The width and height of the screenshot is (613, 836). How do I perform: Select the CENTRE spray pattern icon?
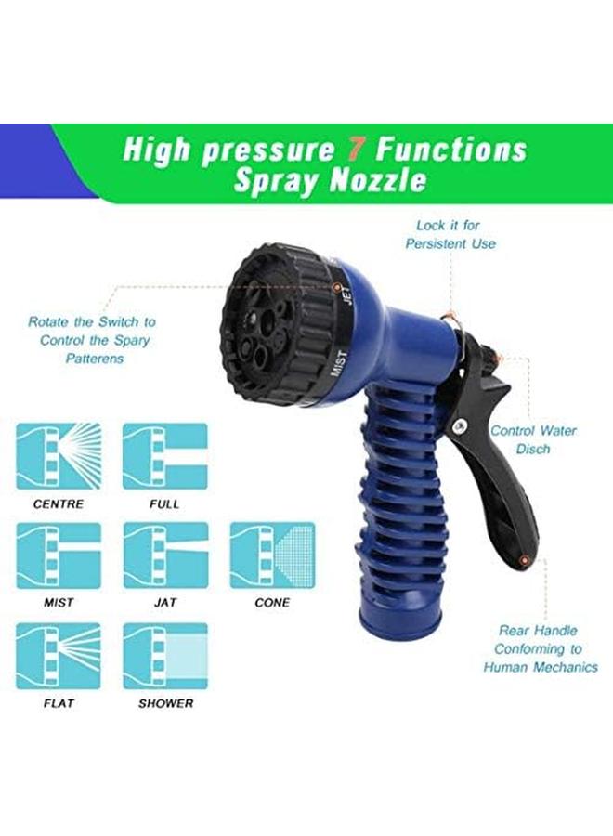click(58, 457)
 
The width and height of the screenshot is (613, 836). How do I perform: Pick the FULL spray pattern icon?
click(165, 457)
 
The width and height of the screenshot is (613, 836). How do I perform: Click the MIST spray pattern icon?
click(58, 555)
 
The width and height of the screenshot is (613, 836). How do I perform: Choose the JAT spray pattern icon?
click(165, 555)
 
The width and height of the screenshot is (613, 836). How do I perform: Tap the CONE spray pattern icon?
click(272, 555)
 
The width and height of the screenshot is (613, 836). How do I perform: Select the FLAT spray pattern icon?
click(58, 656)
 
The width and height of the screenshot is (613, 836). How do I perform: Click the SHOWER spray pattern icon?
click(165, 656)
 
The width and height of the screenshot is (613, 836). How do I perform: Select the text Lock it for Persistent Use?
click(450, 234)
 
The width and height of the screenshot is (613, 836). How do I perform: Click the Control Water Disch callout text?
click(533, 439)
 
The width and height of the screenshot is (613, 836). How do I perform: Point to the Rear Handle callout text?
click(540, 648)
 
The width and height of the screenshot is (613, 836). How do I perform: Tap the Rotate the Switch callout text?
click(93, 340)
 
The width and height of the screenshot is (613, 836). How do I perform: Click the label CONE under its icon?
click(272, 603)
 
